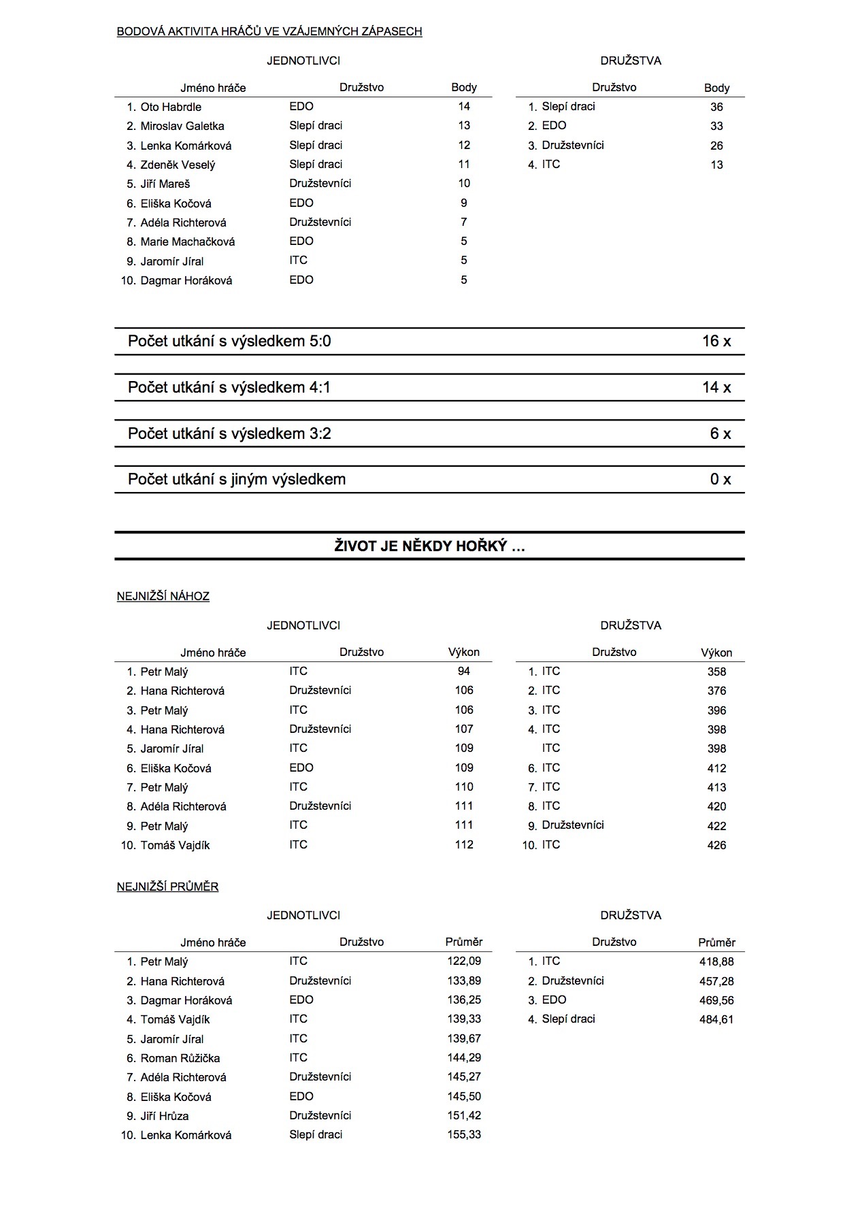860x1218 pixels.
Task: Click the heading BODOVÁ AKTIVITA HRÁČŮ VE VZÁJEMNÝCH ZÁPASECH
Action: (269, 31)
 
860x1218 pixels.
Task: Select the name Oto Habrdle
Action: (171, 107)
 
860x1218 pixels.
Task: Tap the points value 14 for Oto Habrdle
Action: (464, 106)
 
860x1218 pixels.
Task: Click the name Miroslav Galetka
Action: (182, 126)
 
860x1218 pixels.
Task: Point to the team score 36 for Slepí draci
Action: (716, 107)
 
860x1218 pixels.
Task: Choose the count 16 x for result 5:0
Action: (716, 341)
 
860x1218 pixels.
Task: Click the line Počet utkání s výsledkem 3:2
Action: (229, 433)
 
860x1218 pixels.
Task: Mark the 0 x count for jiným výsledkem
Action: (721, 479)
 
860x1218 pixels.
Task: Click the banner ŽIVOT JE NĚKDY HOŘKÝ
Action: (429, 546)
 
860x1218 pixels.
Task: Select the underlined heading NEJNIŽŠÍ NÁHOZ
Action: (163, 596)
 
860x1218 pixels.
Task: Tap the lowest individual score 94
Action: (464, 671)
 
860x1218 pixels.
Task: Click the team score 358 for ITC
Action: (716, 672)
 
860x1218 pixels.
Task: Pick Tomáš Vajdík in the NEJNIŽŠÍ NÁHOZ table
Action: (175, 845)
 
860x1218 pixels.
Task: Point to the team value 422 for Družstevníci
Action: (716, 826)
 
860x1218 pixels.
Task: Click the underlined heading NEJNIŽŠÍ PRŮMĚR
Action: (167, 887)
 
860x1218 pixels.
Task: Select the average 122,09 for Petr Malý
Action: (464, 961)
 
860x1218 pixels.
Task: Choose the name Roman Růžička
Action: (180, 1058)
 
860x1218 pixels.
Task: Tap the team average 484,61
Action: (716, 1019)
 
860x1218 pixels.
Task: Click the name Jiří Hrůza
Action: (165, 1116)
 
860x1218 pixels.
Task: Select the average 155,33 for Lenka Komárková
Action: (464, 1134)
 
